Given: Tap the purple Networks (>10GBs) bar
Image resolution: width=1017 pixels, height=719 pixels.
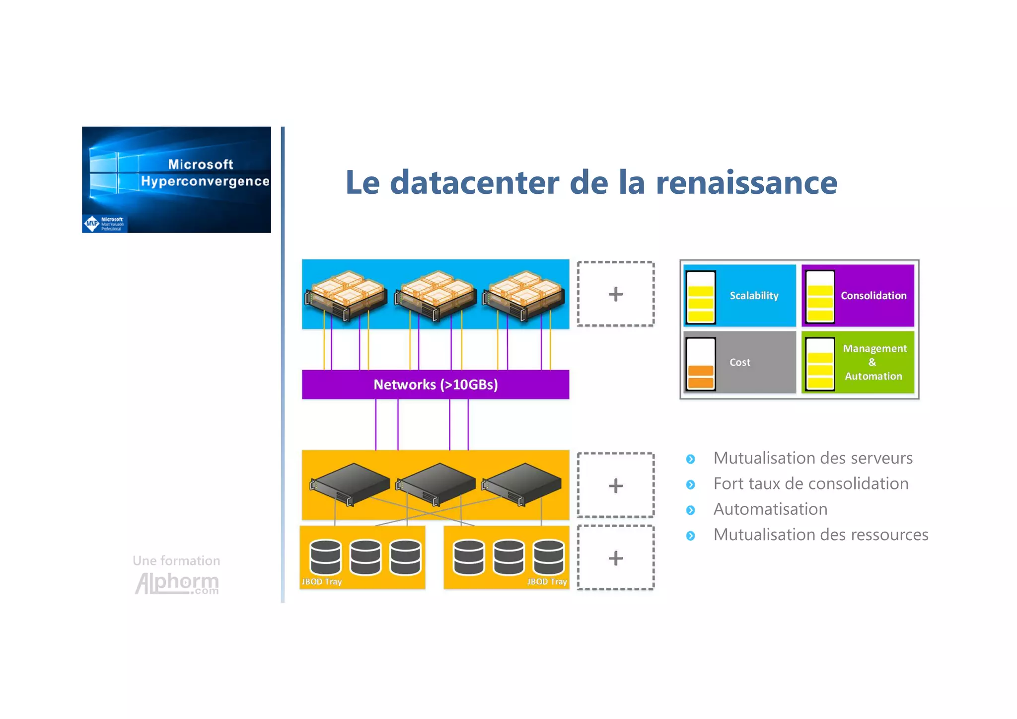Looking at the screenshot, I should [436, 385].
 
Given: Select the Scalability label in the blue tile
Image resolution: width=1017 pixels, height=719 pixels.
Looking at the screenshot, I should [754, 296].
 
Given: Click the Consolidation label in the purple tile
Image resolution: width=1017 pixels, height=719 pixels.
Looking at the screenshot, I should [873, 296].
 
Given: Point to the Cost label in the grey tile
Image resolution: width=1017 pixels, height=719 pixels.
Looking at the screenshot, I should [739, 362].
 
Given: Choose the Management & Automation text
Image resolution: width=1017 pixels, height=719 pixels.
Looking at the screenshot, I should [874, 362].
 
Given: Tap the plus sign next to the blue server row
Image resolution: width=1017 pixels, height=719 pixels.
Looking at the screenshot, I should [615, 294].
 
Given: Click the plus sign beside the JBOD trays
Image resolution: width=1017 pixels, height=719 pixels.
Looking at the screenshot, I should [615, 558].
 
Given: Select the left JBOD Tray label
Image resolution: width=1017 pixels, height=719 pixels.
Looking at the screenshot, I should [322, 581].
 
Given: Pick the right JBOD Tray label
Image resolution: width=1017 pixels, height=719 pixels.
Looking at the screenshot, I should [547, 581].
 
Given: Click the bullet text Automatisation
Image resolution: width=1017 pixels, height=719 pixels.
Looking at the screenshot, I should [770, 509].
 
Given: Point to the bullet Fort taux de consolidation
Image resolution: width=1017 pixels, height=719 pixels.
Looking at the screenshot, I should [810, 483].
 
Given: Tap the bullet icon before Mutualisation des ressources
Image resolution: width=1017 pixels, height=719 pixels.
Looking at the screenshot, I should [690, 536].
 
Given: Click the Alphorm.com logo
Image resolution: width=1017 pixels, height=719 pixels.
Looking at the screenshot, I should [177, 582].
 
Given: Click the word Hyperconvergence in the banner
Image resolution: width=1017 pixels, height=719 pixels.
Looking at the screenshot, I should [205, 181].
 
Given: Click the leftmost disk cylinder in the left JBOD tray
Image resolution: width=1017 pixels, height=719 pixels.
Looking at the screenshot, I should [325, 557].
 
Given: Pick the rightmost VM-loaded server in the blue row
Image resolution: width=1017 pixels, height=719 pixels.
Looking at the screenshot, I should [525, 296].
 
